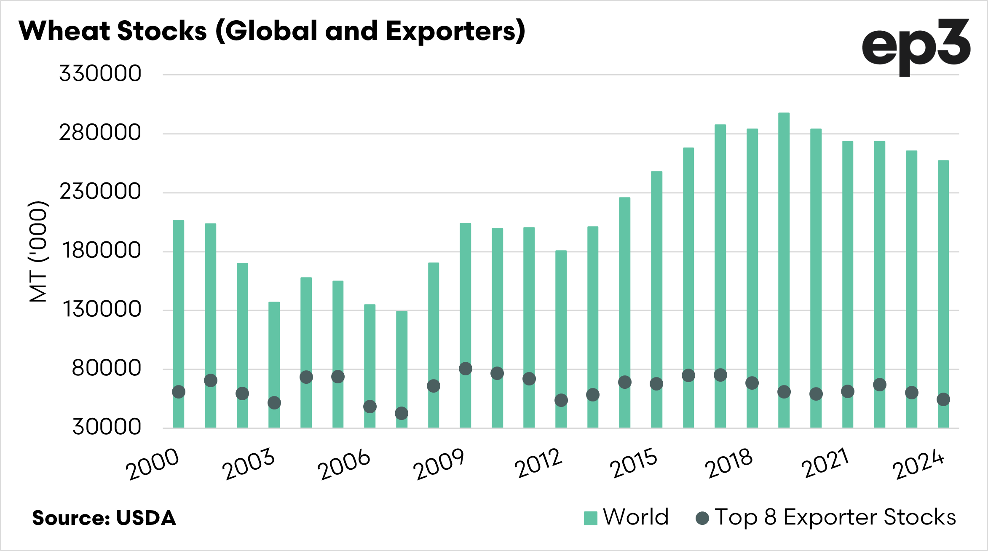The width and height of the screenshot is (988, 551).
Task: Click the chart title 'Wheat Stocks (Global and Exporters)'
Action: (x=272, y=31)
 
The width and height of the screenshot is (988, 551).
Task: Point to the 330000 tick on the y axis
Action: (x=100, y=74)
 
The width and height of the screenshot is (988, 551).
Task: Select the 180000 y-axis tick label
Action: (x=101, y=251)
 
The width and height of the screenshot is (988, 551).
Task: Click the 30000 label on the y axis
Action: (x=106, y=427)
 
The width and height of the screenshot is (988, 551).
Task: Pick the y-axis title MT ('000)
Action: (x=38, y=251)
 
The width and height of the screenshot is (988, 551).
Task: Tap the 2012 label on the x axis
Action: (x=538, y=463)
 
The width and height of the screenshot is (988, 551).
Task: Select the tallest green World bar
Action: (x=784, y=270)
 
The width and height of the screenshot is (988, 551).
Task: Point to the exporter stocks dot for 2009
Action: (x=465, y=369)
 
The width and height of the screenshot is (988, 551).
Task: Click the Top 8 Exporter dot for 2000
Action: (x=179, y=392)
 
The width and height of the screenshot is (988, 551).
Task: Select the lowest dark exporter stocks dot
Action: (x=402, y=413)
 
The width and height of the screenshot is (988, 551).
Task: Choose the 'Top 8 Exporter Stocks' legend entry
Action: (x=826, y=517)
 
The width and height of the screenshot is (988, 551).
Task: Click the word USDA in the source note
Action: (x=146, y=518)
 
